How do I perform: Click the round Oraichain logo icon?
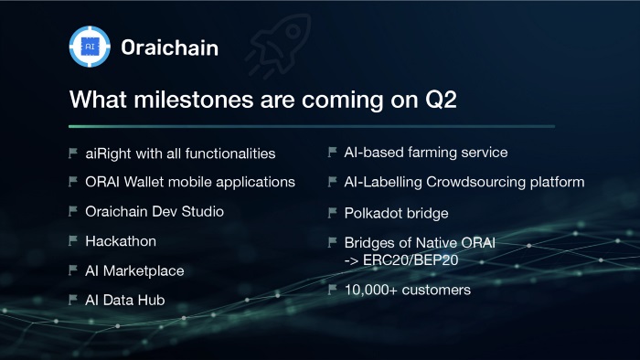point(90,47)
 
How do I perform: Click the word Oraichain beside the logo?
point(170,48)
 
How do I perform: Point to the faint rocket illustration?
point(278,46)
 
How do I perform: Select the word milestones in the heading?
point(194,100)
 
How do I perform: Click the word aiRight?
point(108,154)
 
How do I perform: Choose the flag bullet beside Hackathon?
point(72,241)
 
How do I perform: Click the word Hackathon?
point(121,241)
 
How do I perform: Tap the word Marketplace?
point(144,270)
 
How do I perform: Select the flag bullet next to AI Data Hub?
point(72,300)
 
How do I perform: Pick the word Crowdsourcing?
point(476,182)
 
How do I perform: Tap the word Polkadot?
point(377,213)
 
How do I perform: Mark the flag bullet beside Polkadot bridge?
point(332,213)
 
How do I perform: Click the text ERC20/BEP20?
point(411,260)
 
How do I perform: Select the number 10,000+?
point(371,290)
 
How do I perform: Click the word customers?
point(436,290)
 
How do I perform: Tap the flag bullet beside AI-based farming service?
point(332,152)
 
